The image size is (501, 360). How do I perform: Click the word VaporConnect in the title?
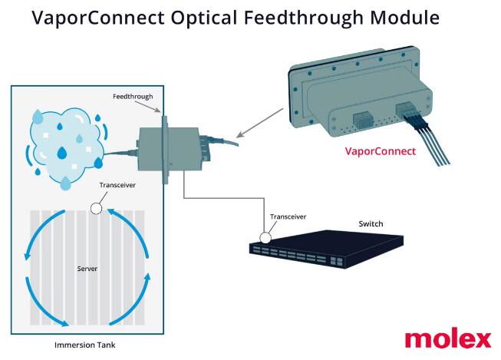pyautogui.click(x=98, y=18)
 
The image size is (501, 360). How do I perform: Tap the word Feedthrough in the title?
pyautogui.click(x=304, y=18)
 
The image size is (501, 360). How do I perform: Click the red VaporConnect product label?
pyautogui.click(x=381, y=151)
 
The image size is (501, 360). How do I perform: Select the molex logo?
pyautogui.click(x=448, y=339)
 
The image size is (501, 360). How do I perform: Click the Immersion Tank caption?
pyautogui.click(x=84, y=345)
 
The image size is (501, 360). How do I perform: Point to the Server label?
pyautogui.click(x=87, y=269)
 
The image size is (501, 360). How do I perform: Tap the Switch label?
pyautogui.click(x=371, y=224)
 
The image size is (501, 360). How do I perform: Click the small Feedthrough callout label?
pyautogui.click(x=133, y=96)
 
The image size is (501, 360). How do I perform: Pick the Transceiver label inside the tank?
pyautogui.click(x=117, y=185)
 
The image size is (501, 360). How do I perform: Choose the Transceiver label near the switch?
pyautogui.click(x=288, y=216)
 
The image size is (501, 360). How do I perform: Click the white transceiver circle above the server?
pyautogui.click(x=96, y=209)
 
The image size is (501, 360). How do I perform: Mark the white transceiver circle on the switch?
pyautogui.click(x=265, y=238)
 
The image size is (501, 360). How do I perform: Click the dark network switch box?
pyautogui.click(x=326, y=249)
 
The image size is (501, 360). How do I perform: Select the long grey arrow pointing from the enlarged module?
pyautogui.click(x=260, y=123)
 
